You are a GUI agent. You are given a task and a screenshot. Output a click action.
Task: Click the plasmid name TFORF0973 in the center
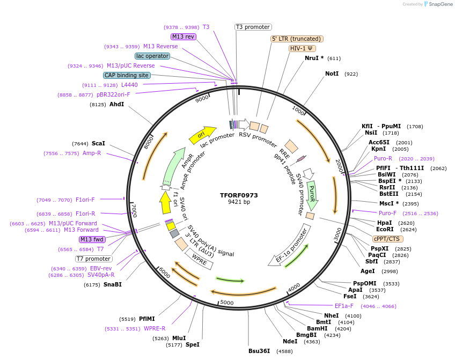click(239, 195)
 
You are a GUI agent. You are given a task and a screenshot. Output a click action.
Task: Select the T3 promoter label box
click(253, 27)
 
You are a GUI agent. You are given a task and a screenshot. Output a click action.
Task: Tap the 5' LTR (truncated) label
click(297, 39)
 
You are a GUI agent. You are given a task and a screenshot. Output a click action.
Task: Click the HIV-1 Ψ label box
click(302, 48)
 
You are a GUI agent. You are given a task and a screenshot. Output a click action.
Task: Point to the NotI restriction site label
click(332, 74)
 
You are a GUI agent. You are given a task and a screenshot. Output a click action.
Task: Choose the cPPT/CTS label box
click(387, 239)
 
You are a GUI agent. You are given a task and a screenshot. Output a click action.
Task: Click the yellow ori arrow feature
click(202, 135)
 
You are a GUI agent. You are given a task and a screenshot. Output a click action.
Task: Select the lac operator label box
click(153, 56)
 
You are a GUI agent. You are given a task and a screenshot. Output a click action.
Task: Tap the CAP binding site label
click(127, 76)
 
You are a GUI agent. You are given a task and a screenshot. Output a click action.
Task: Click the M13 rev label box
click(183, 36)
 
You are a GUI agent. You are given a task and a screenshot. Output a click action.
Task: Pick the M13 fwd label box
click(92, 239)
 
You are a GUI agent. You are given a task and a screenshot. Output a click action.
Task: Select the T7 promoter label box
click(94, 259)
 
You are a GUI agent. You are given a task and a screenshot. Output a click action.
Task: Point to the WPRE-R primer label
click(155, 328)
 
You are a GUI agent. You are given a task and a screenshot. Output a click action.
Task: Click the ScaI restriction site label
click(98, 143)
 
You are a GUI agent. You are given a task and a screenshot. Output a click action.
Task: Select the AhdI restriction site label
click(116, 104)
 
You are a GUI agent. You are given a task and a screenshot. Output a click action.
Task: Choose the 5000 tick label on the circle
click(227, 303)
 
